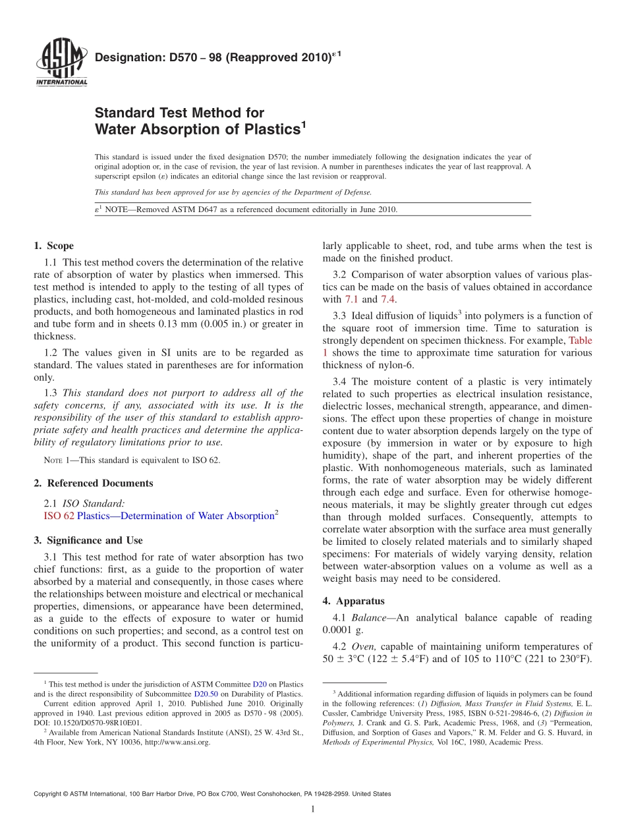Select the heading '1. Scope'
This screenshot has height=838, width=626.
[x=54, y=246]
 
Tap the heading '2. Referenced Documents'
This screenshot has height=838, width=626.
[x=93, y=483]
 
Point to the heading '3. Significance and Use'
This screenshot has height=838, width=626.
[x=88, y=540]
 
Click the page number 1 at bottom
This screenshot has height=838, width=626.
[x=313, y=810]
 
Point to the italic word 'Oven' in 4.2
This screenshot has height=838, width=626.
[x=363, y=646]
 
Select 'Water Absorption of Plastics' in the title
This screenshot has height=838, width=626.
[x=198, y=130]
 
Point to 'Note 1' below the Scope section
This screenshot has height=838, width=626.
[x=56, y=461]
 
